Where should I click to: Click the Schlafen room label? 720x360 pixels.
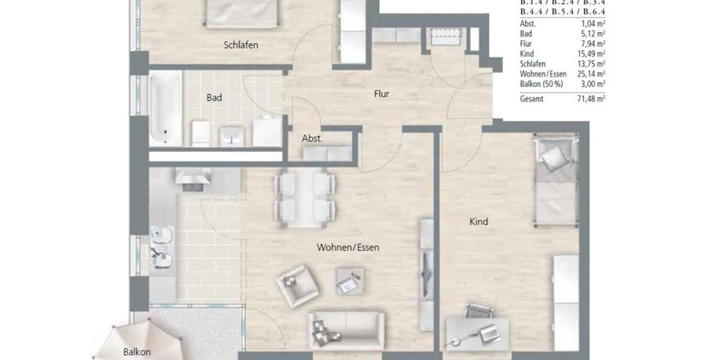click(x=241, y=45)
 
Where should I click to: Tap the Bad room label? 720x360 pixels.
click(x=214, y=97)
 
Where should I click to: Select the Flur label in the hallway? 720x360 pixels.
click(x=381, y=94)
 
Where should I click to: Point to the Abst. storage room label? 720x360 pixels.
click(x=312, y=138)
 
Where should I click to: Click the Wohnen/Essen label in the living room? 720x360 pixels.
click(x=348, y=247)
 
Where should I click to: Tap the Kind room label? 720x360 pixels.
click(x=478, y=221)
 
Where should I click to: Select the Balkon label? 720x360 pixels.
click(x=137, y=352)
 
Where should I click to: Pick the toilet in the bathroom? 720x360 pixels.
click(x=200, y=133)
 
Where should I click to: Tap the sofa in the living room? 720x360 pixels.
click(x=346, y=330)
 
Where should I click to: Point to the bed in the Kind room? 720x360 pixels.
click(x=555, y=180)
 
